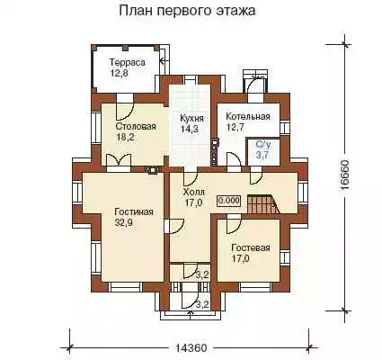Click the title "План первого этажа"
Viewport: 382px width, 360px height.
coord(187,11)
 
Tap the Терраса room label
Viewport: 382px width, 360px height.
coord(128,62)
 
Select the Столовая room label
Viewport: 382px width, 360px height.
coord(136,126)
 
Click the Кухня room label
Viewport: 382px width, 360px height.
coord(191,118)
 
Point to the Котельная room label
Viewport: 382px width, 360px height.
coord(248,116)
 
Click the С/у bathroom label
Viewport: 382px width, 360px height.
coord(263,145)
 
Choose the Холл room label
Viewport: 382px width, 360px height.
coord(193,192)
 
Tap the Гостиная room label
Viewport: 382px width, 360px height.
coord(134,212)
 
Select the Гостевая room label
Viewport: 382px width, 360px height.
coord(251,248)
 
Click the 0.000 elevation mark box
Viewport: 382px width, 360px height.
coord(229,201)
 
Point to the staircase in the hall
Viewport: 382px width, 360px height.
coord(262,204)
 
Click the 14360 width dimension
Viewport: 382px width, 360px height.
coord(191,348)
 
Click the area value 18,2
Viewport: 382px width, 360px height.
coord(125,137)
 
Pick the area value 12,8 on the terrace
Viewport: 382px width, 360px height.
coord(119,73)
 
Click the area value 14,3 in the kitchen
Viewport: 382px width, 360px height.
coord(189,129)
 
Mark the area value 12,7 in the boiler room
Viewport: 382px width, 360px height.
coord(235,127)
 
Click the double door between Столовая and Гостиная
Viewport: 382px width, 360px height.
coord(119,160)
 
